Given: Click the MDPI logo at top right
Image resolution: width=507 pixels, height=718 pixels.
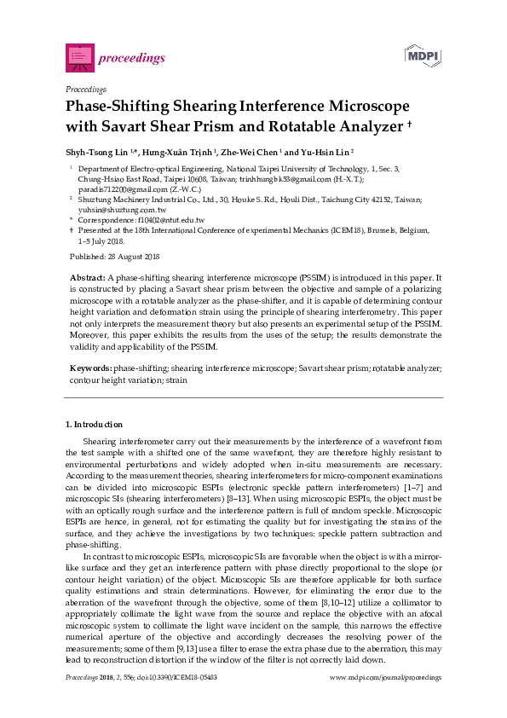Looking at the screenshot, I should pos(422,56).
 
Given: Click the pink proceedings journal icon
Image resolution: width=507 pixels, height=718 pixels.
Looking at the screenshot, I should pos(79,57).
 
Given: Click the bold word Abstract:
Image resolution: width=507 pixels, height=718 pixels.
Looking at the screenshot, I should pos(87,278).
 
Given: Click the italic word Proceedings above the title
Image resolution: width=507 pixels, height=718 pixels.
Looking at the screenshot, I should pos(85,89).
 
